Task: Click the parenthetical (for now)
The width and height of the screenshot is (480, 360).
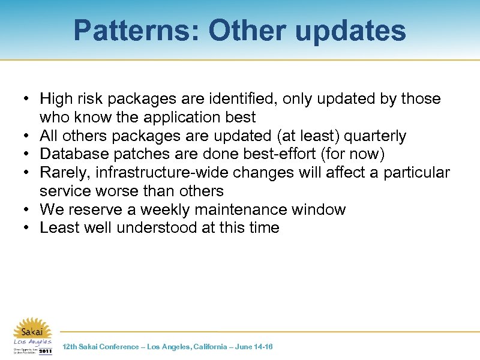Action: click(x=353, y=154)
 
